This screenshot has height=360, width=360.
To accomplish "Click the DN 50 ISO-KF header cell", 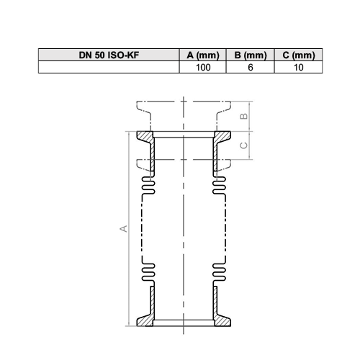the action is coord(109,55).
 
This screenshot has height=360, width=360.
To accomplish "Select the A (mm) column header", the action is coord(203,55).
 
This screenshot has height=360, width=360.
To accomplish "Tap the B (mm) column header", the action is coord(251,55).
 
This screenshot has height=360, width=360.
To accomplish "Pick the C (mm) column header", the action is coord(299,55).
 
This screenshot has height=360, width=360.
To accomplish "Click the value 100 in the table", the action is coord(203,68).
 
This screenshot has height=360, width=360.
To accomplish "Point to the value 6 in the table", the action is coord(251,68).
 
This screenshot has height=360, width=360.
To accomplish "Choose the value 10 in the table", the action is coord(299,68).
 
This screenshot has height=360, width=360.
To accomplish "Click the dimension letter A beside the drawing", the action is coord(124,228).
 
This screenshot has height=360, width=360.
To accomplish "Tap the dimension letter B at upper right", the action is coord(244,116).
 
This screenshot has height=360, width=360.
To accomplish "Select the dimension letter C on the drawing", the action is coord(244,145).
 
